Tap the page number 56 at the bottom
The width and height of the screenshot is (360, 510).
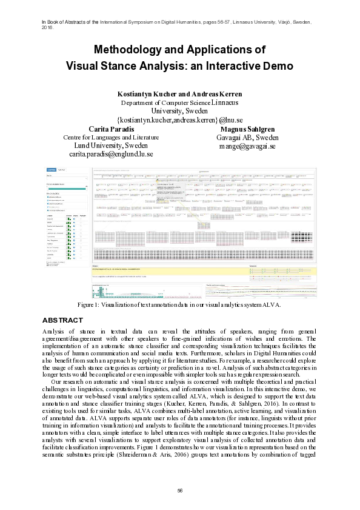coord(180,490)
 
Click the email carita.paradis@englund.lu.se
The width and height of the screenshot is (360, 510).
coord(112,155)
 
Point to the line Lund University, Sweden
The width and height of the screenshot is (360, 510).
coord(112,146)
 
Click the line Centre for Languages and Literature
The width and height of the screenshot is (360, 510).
coord(112,138)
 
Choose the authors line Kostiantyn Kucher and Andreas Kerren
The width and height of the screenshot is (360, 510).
coord(179,94)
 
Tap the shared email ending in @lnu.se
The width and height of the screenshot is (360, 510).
coord(179,120)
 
